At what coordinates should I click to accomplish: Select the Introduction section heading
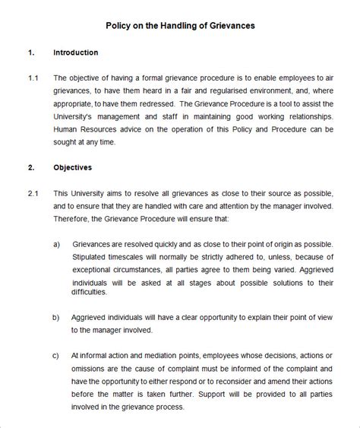75,52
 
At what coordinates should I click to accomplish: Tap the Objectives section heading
73,166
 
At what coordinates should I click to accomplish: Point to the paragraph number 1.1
33,78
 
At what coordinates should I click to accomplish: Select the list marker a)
57,246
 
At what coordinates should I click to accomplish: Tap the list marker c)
57,355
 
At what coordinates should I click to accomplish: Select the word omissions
90,369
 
